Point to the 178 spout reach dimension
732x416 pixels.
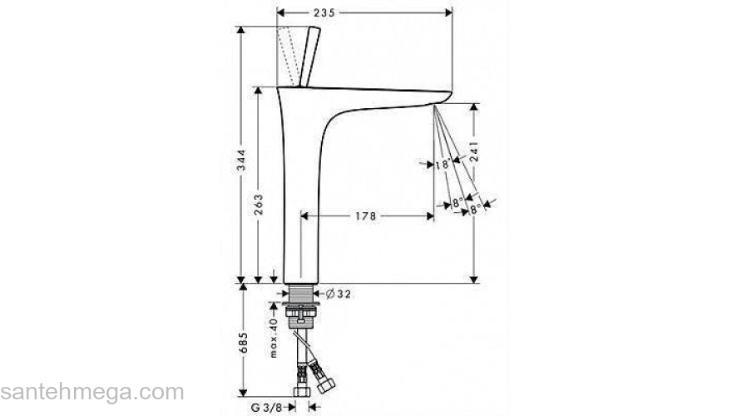point(365,216)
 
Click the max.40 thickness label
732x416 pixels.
point(272,336)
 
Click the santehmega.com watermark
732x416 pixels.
point(91,391)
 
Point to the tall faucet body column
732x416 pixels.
point(300,200)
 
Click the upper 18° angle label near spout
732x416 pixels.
point(443,165)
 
